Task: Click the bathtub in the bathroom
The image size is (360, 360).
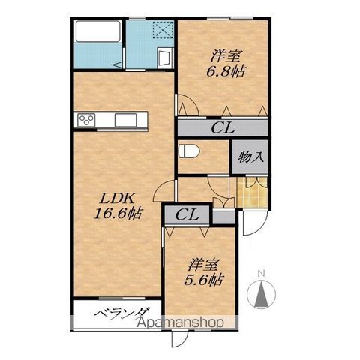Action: point(98,31)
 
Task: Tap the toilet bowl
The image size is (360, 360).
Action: point(189,151)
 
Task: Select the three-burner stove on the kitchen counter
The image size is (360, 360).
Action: point(86,120)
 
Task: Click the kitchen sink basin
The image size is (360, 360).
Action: point(125,120)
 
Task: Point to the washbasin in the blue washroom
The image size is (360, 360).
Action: point(164,58)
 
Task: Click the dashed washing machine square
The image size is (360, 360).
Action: point(163,29)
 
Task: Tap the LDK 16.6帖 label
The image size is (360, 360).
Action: point(118,206)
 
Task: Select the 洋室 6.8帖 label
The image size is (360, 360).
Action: point(225,64)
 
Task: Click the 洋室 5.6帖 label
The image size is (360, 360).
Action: point(203,272)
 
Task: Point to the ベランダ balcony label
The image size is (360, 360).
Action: point(121,313)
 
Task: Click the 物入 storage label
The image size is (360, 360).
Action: point(250,157)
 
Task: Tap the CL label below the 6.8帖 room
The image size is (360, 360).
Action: point(223,128)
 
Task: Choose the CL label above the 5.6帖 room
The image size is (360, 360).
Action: point(187,214)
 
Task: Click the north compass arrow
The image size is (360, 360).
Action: point(261,293)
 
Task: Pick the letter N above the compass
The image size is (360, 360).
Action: point(262,273)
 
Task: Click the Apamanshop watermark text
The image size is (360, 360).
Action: point(181,322)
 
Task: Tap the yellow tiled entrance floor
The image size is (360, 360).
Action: point(252,192)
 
